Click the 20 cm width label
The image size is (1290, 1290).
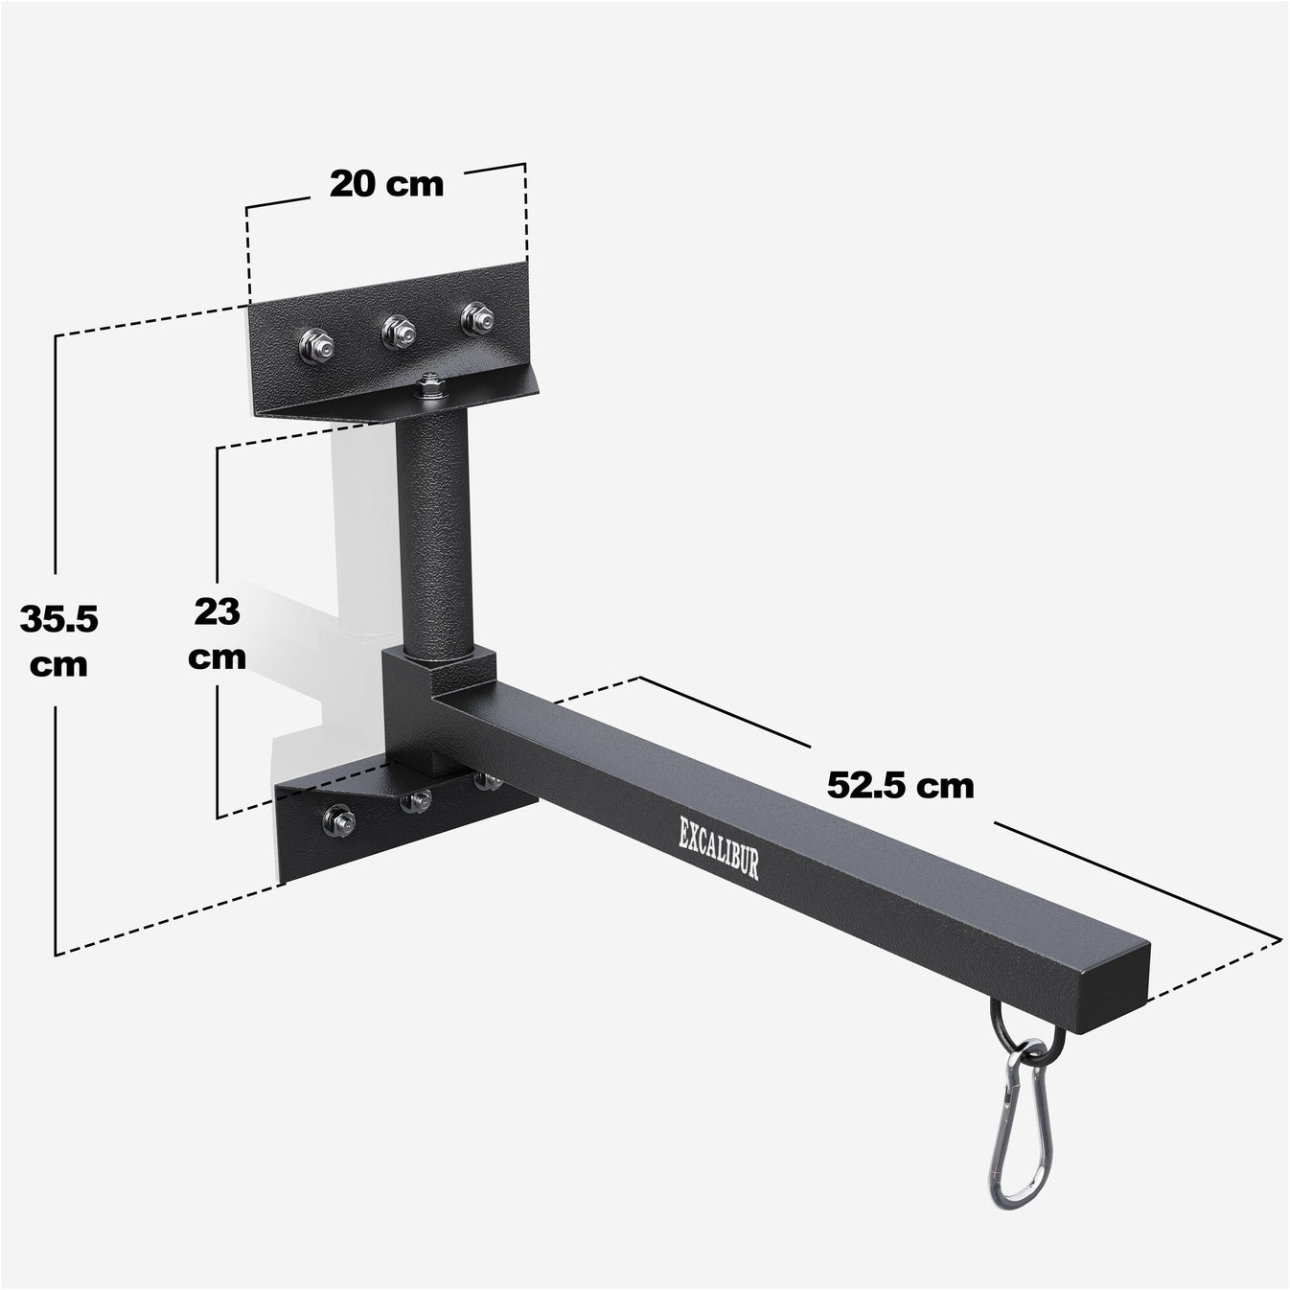[x=386, y=183]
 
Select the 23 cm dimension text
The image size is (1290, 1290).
[x=218, y=633]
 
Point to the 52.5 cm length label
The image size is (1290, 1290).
[x=900, y=785]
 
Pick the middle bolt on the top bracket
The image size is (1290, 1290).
[x=398, y=332]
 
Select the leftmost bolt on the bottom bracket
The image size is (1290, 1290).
[x=338, y=819]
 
